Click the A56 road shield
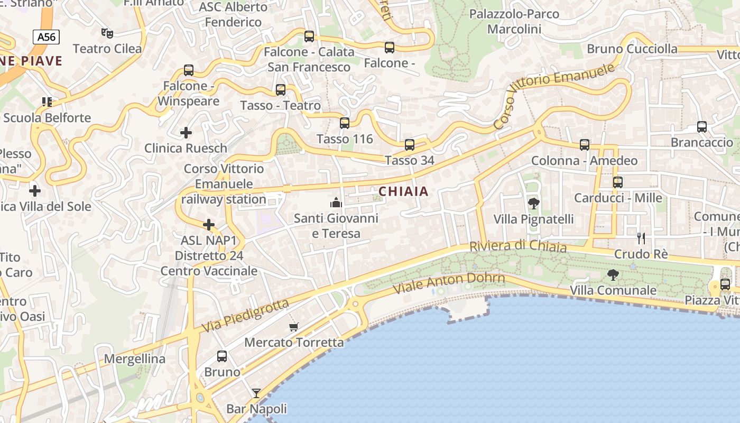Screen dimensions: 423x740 pos(46,36)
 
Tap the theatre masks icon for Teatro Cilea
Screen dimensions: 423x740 pos(107,33)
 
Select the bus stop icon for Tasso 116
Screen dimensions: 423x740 pos(345,123)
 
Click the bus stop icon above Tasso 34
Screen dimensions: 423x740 pos(409,144)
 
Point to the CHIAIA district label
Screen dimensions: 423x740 pos(403,191)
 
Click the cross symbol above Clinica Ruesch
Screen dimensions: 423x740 pos(186,133)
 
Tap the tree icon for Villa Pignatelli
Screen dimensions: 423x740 pos(533,203)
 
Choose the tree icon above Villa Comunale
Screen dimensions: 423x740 pos(613,274)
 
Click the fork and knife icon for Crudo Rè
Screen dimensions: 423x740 pos(641,238)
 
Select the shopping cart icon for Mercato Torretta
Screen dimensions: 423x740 pos(294,327)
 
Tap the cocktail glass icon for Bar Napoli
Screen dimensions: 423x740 pos(256,393)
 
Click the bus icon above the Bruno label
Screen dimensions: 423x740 pos(222,356)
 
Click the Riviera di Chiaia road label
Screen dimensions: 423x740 pos(518,246)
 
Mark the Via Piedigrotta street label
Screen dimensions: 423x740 pos(246,315)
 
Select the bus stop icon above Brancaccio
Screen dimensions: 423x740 pos(702,127)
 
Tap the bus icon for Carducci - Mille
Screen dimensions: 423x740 pos(618,182)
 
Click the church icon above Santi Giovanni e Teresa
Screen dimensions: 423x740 pos(336,203)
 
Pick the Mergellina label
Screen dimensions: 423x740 pos(134,359)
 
